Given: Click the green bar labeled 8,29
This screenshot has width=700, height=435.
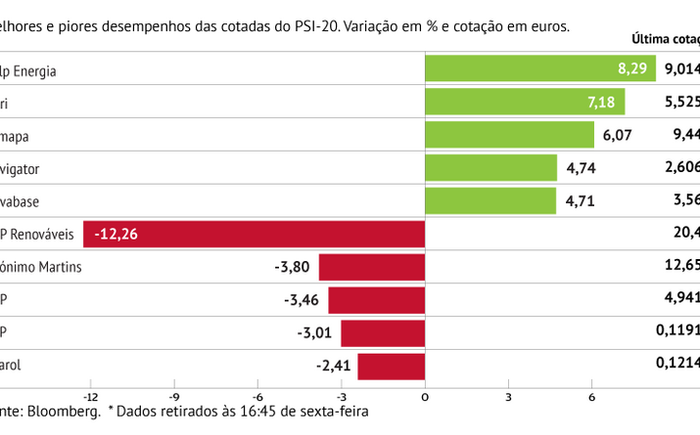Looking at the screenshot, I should [x=539, y=69].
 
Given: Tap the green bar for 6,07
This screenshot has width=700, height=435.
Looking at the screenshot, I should [x=509, y=135].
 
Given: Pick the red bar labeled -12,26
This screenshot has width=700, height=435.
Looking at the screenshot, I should [x=255, y=235].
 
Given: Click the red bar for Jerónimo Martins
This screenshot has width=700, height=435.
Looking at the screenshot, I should [x=371, y=267].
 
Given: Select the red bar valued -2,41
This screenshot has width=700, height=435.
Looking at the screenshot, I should [x=391, y=367].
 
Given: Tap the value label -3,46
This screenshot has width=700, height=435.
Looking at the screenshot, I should [x=301, y=300].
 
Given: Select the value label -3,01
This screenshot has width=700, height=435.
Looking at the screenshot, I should [x=314, y=333].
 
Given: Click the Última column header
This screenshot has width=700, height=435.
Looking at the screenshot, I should [x=654, y=40].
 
